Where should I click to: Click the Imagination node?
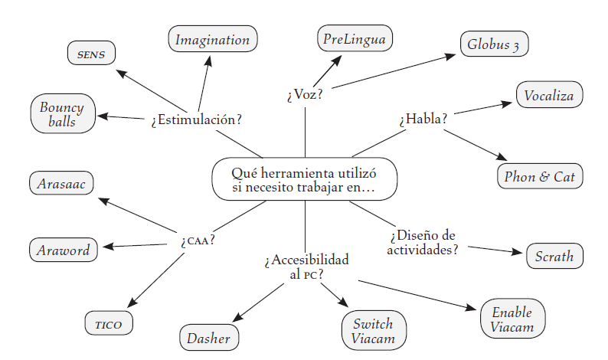coord(213,39)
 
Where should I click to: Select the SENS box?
coord(90,54)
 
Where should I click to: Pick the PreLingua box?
coord(355,38)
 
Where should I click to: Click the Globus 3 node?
coord(494,44)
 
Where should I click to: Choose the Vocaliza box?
coord(549,96)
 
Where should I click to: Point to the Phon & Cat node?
coord(540,177)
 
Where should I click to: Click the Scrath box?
coord(554,256)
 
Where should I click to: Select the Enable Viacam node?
coord(512,319)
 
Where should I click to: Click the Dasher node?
coord(209,336)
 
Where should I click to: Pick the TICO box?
coord(108,323)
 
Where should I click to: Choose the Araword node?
coord(64,250)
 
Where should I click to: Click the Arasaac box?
coord(61,183)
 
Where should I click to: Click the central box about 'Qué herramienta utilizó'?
coord(304,179)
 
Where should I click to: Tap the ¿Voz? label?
coord(305,95)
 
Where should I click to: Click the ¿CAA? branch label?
coord(198,239)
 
